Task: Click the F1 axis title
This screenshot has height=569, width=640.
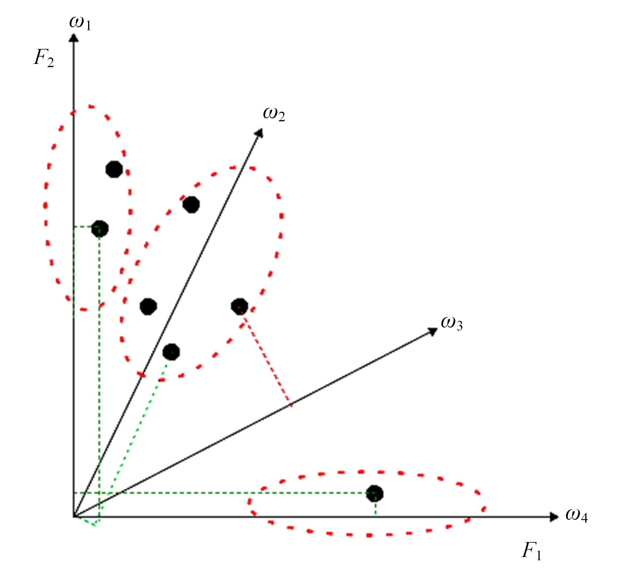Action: pos(531,550)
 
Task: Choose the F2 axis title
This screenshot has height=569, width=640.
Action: pos(44,58)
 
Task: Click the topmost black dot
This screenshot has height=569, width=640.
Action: pos(114,169)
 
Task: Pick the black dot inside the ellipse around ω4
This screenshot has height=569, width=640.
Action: pos(375,493)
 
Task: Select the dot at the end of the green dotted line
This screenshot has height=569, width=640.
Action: pos(171,352)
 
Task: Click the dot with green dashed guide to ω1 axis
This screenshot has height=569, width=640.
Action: pos(100,229)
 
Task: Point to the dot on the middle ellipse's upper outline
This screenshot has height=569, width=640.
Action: pos(191,205)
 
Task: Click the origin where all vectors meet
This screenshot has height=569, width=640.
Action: pos(74,517)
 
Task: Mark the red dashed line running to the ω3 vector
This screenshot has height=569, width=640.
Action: pos(266,357)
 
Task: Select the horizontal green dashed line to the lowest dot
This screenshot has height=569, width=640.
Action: pos(224,493)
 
